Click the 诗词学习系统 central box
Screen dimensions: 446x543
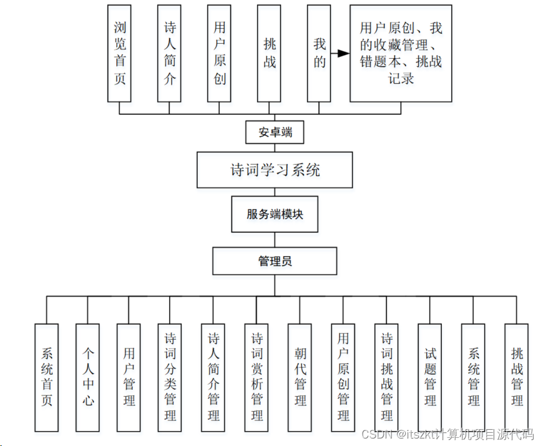tap(275, 169)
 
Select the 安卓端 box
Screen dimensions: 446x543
tap(275, 132)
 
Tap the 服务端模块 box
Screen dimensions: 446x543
tap(275, 214)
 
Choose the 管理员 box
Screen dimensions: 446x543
tap(275, 261)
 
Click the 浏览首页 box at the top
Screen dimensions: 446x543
tap(119, 53)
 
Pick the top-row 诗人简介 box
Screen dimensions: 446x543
tap(169, 53)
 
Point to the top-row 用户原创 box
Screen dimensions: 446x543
tap(219, 53)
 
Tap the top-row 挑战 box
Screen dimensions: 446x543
tap(269, 53)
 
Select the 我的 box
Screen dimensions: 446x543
tap(319, 53)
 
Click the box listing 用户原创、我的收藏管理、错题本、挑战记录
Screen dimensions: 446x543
tap(400, 53)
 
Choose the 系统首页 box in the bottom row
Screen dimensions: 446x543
tap(47, 377)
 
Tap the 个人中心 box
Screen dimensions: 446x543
tap(88, 377)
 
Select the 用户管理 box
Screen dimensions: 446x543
tap(129, 377)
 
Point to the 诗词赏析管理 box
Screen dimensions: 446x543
tap(257, 377)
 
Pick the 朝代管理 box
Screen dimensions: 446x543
tap(300, 377)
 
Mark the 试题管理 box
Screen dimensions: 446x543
tap(429, 377)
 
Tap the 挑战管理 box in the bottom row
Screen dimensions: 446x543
tap(516, 377)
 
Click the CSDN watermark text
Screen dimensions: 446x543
tap(447, 434)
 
